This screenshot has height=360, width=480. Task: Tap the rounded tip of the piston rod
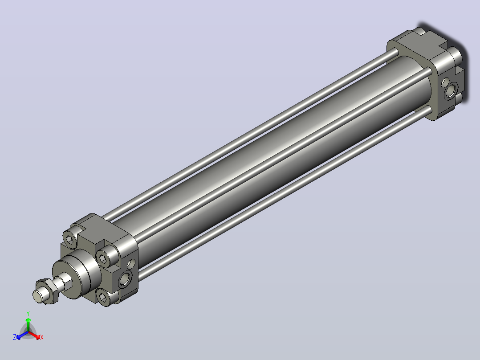[38, 297]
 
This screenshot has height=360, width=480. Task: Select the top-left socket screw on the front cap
[70, 238]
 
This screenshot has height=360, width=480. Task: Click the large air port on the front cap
[125, 279]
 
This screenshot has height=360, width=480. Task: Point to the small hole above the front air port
[131, 263]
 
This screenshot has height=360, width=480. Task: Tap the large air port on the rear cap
[451, 90]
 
